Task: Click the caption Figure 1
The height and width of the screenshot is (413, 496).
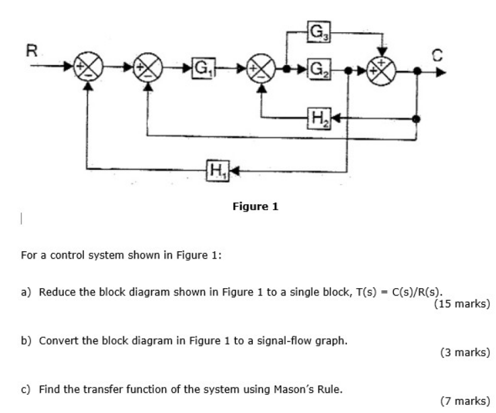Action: tap(255, 207)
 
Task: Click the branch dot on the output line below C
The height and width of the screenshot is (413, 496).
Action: tap(417, 119)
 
